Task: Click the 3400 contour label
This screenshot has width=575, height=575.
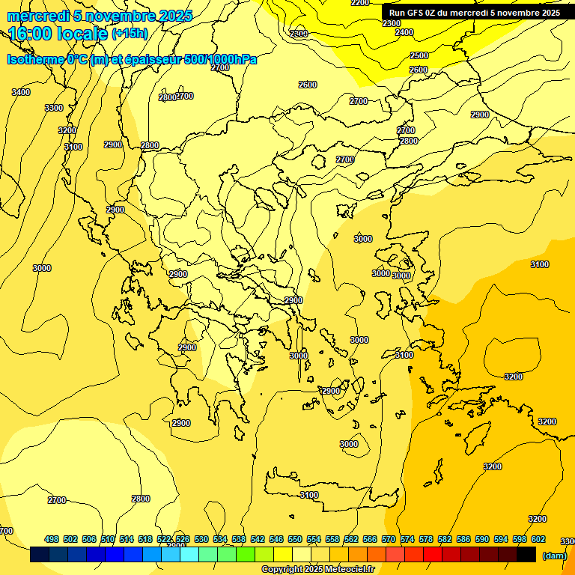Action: pyautogui.click(x=21, y=92)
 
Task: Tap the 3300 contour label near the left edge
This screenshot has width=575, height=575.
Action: pyautogui.click(x=54, y=108)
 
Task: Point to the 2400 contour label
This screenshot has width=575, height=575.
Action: pyautogui.click(x=404, y=32)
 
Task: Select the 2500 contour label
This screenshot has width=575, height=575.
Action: pyautogui.click(x=419, y=55)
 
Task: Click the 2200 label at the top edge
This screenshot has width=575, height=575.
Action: pyautogui.click(x=360, y=3)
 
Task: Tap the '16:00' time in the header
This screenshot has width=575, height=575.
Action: pyautogui.click(x=32, y=33)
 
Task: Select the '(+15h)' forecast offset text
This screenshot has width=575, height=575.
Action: pyautogui.click(x=130, y=34)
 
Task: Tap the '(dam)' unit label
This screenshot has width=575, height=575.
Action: pyautogui.click(x=554, y=556)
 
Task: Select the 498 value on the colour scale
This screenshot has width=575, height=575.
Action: pyautogui.click(x=52, y=540)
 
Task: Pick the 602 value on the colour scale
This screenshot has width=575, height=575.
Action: pyautogui.click(x=538, y=540)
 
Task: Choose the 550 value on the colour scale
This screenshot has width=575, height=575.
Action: pyautogui.click(x=295, y=540)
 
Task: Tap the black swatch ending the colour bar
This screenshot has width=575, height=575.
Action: pyautogui.click(x=526, y=555)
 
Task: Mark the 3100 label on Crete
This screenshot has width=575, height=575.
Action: pyautogui.click(x=309, y=495)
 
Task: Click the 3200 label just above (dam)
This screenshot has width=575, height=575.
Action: pyautogui.click(x=538, y=519)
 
